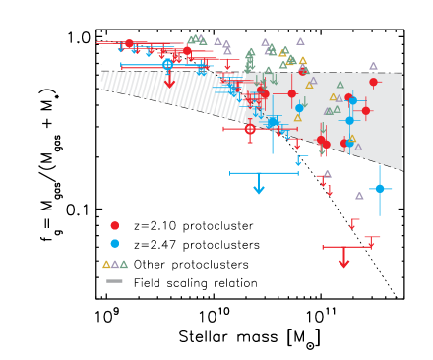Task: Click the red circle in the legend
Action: click(x=115, y=225)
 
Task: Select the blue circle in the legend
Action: click(x=115, y=243)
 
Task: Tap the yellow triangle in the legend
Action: click(x=106, y=264)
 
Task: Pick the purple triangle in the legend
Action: click(x=115, y=264)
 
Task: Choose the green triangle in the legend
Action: click(x=124, y=264)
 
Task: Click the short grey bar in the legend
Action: click(x=115, y=281)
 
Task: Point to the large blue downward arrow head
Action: click(x=259, y=188)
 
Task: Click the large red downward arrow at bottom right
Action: click(x=343, y=261)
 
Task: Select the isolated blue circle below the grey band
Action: click(x=380, y=188)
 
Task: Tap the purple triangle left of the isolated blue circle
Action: click(x=359, y=196)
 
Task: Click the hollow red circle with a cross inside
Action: click(x=250, y=129)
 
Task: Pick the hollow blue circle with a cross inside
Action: click(x=167, y=64)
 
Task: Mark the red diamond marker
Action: click(x=170, y=84)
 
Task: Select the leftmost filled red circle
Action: click(x=129, y=44)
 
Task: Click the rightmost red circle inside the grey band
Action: click(x=373, y=83)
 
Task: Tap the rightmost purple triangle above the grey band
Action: click(x=373, y=66)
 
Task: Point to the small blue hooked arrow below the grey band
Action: click(x=300, y=158)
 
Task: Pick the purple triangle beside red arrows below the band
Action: click(x=327, y=174)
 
